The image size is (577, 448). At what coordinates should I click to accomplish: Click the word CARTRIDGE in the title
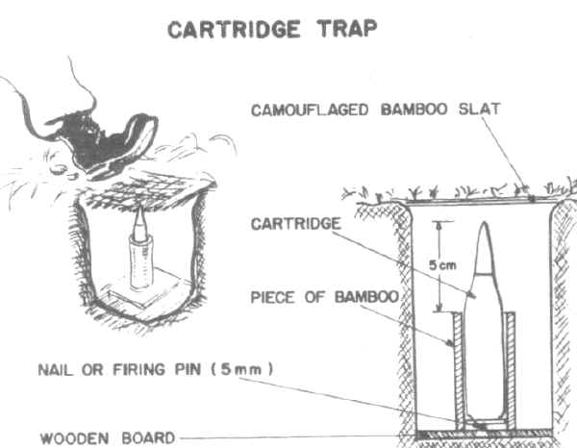point(234,29)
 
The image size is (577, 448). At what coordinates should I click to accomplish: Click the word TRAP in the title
point(348,28)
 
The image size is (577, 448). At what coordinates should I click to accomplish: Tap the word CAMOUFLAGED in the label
point(310,110)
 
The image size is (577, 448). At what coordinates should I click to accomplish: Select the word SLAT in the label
point(480,109)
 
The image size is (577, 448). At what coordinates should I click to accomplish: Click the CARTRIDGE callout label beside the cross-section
point(296,224)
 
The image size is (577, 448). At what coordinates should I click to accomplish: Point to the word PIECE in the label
point(273,297)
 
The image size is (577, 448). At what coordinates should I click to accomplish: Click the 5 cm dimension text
point(442,264)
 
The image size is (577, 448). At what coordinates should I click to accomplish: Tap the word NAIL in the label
point(55,370)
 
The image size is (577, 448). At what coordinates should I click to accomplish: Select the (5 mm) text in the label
point(241,369)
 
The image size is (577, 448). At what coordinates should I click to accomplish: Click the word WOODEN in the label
point(74,438)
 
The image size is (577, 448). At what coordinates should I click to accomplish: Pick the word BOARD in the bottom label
point(148,437)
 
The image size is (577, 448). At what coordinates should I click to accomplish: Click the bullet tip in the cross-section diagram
point(485,222)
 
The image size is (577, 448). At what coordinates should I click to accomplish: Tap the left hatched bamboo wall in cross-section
point(458,370)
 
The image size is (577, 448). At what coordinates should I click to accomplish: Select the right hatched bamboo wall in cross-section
point(511,370)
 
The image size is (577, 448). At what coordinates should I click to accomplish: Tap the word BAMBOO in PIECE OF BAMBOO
point(367,296)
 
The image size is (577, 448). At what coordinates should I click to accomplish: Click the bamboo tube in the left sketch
point(141,261)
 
